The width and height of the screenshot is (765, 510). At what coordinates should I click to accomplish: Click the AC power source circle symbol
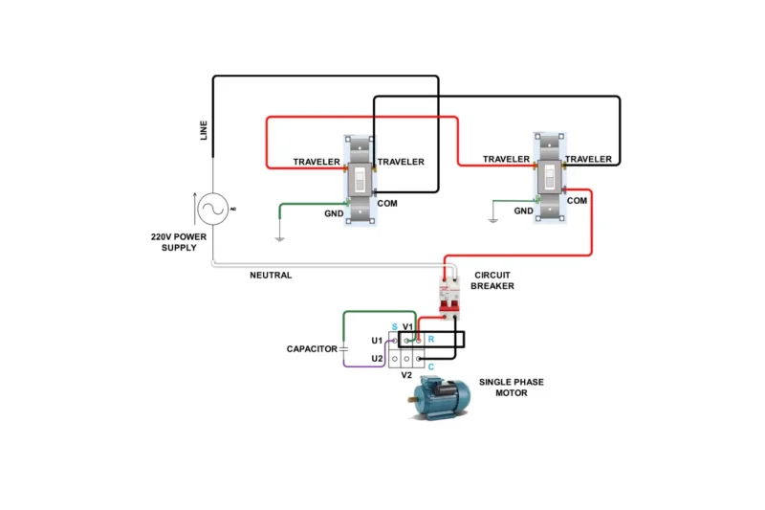pyautogui.click(x=211, y=208)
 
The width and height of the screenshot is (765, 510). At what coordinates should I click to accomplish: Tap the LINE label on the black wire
pyautogui.click(x=203, y=130)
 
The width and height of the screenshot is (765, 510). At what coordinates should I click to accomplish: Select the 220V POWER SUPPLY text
pyautogui.click(x=178, y=242)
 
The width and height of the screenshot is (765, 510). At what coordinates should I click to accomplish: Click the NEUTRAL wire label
pyautogui.click(x=271, y=276)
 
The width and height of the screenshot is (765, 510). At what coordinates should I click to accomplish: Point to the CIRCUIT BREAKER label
pyautogui.click(x=493, y=280)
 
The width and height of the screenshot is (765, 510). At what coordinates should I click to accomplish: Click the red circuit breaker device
pyautogui.click(x=448, y=291)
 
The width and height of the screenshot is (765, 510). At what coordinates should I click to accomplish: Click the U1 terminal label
pyautogui.click(x=377, y=340)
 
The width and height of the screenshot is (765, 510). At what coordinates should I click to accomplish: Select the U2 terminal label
pyautogui.click(x=377, y=359)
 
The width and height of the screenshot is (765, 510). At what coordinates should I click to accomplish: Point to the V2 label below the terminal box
pyautogui.click(x=405, y=375)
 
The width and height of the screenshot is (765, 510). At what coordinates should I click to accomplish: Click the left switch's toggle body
pyautogui.click(x=359, y=180)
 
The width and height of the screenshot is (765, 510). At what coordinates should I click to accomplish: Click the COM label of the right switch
pyautogui.click(x=577, y=201)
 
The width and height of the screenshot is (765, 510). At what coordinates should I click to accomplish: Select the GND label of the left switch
pyautogui.click(x=335, y=214)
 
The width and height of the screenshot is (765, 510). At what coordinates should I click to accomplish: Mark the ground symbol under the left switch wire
pyautogui.click(x=278, y=236)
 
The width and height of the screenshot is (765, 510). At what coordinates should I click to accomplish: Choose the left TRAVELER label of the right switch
pyautogui.click(x=506, y=160)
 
